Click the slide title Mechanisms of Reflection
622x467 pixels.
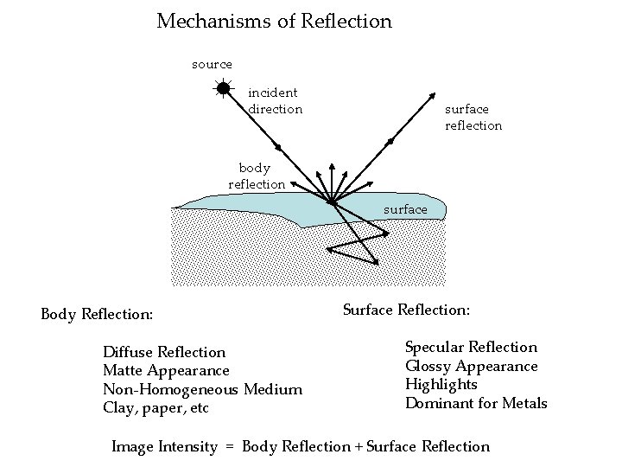pos(274,21)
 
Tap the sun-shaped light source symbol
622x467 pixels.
pos(223,87)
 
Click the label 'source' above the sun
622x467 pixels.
pos(212,64)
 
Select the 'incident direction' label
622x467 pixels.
pos(275,100)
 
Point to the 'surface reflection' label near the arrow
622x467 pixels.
pos(473,118)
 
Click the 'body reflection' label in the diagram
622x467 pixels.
pos(256,176)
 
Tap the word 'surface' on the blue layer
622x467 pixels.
pos(404,209)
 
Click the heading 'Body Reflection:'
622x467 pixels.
pos(97,314)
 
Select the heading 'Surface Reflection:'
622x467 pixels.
pos(406,309)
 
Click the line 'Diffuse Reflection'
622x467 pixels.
pos(164,352)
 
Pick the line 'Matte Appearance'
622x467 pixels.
pos(166,370)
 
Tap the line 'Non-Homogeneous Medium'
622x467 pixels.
pos(202,389)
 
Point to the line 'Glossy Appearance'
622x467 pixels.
pos(471,366)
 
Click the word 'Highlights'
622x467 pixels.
pos(441,384)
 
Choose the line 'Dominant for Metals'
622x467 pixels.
pos(476,403)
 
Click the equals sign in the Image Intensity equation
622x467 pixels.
pos(230,447)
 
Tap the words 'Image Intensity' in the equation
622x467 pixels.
pos(164,447)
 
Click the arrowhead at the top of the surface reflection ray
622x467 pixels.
pos(432,98)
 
